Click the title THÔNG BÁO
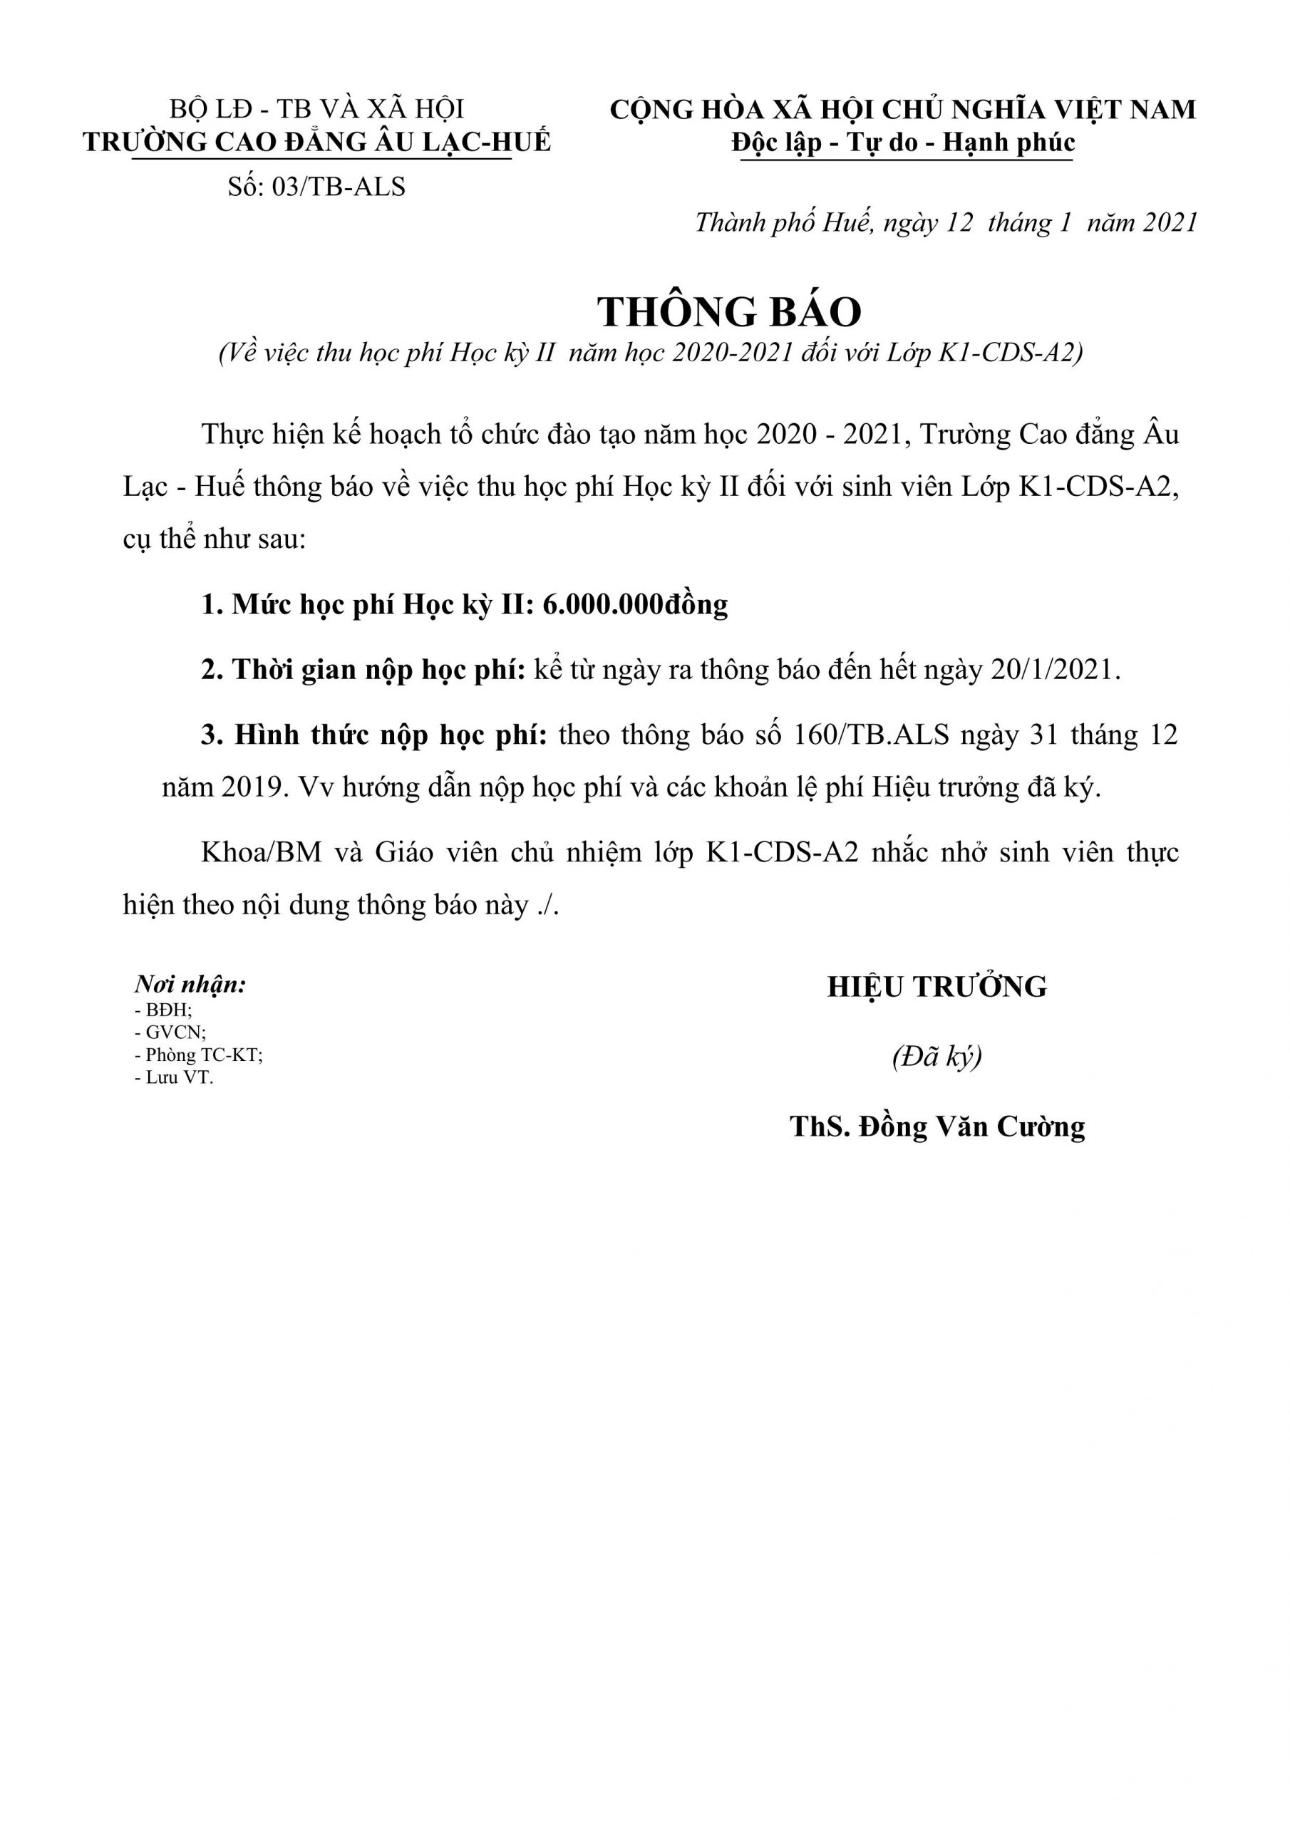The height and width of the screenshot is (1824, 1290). pyautogui.click(x=729, y=311)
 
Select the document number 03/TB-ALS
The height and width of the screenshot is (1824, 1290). pyautogui.click(x=338, y=187)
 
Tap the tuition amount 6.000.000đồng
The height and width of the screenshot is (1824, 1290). pyautogui.click(x=635, y=606)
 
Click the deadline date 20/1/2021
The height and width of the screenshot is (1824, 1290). pyautogui.click(x=1054, y=670)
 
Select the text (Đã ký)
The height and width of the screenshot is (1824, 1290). pyautogui.click(x=936, y=1057)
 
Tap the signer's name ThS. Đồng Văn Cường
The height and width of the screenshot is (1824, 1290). pyautogui.click(x=937, y=1126)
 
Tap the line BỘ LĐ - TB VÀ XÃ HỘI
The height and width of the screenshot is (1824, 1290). pyautogui.click(x=316, y=109)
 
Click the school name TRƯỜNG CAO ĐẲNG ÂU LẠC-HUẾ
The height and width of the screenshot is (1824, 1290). pyautogui.click(x=316, y=142)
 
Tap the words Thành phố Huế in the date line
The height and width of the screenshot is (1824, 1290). pyautogui.click(x=784, y=223)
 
